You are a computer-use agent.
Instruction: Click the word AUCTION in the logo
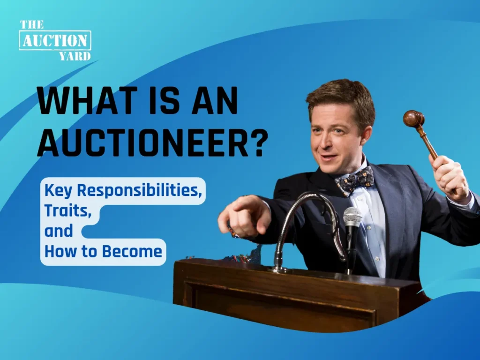[55, 40]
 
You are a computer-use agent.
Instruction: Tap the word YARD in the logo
[75, 56]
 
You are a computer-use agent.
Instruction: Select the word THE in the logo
[32, 24]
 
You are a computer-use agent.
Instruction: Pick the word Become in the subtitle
[132, 251]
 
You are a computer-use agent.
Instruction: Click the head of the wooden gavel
[413, 119]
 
